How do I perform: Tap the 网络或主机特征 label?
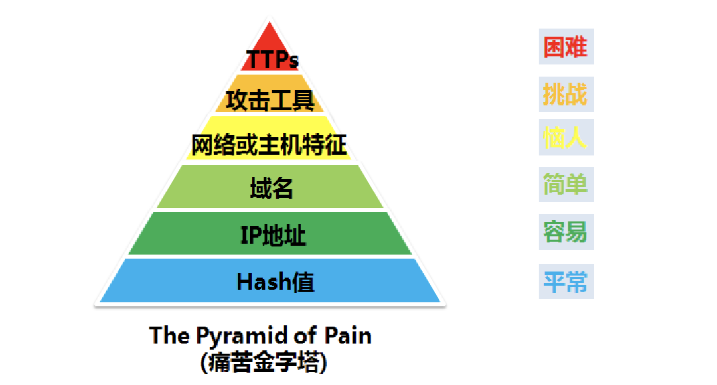(270, 144)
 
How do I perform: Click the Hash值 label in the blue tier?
(275, 282)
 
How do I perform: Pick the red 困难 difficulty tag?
(566, 47)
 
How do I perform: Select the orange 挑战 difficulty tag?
(566, 94)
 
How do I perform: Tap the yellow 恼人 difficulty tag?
(566, 138)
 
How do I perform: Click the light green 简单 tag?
(566, 184)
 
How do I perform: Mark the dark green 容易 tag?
(566, 232)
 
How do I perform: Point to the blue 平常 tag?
(566, 281)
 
